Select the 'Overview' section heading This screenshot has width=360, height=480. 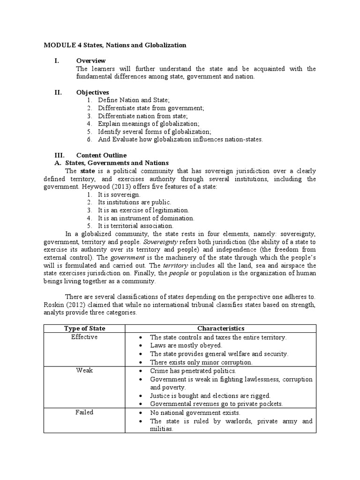click(x=91, y=61)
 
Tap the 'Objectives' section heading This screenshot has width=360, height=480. click(x=92, y=92)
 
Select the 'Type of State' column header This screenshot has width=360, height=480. click(x=84, y=329)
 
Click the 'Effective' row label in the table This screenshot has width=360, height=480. click(x=84, y=337)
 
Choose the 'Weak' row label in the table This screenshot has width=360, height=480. click(x=84, y=370)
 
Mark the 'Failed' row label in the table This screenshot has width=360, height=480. click(x=84, y=412)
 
